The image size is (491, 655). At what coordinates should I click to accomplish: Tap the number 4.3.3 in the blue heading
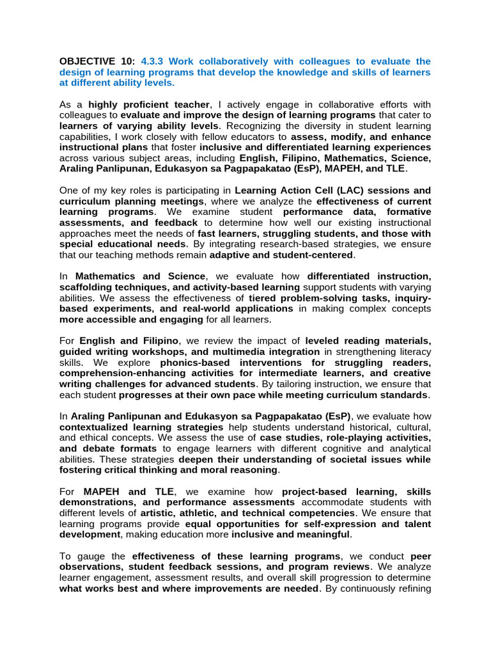click(x=148, y=61)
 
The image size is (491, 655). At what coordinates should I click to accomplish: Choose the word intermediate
click(x=295, y=374)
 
